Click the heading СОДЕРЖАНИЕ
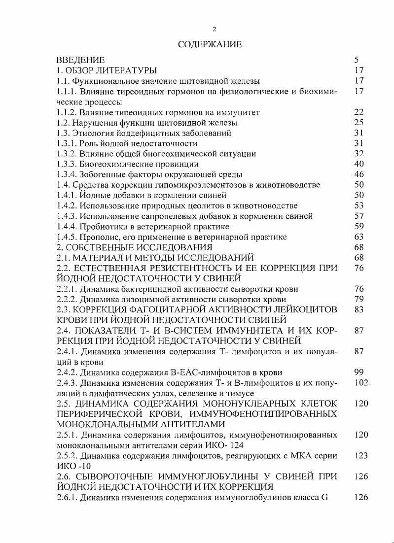click(x=210, y=45)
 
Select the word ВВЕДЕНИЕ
click(x=80, y=60)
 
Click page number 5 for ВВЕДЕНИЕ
click(x=357, y=60)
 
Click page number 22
click(x=359, y=112)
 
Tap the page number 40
click(x=359, y=164)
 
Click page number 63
click(x=359, y=237)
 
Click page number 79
click(x=359, y=299)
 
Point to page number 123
click(x=361, y=456)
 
